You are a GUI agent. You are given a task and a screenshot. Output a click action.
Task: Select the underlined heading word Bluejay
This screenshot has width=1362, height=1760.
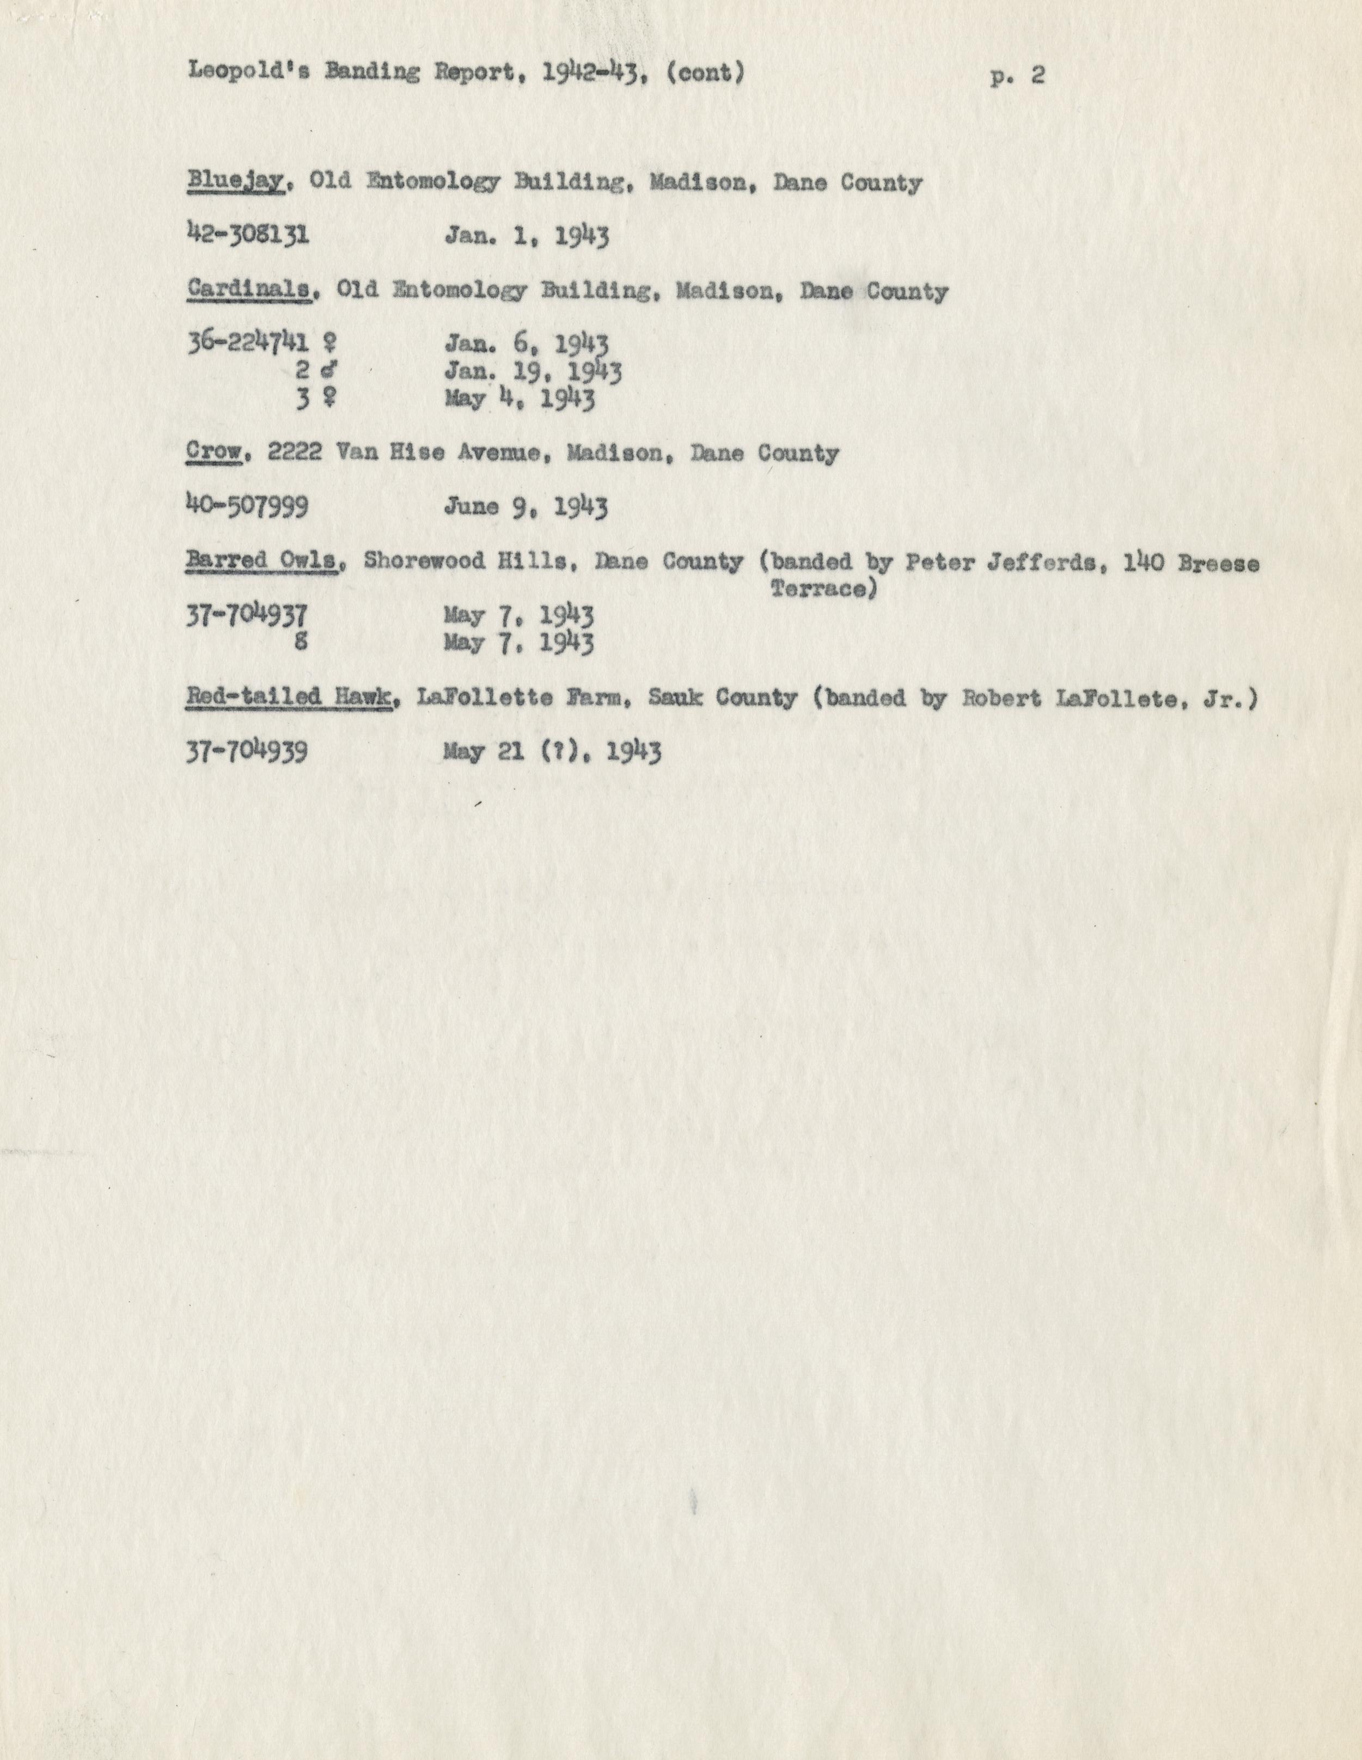(x=235, y=183)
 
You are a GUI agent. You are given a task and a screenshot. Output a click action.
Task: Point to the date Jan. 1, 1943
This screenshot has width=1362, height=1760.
(x=526, y=236)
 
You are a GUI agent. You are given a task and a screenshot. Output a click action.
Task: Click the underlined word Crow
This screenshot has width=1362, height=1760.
(x=215, y=453)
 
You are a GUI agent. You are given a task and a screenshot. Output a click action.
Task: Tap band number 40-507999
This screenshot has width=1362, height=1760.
(x=247, y=507)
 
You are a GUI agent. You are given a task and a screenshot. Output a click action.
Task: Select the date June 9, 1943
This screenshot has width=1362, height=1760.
(x=526, y=507)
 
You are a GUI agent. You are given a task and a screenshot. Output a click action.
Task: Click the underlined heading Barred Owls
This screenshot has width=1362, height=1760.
(x=261, y=561)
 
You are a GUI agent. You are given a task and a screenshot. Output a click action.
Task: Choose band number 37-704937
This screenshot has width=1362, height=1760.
(x=247, y=616)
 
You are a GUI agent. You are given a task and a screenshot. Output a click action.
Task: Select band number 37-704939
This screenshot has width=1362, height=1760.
(x=247, y=752)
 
